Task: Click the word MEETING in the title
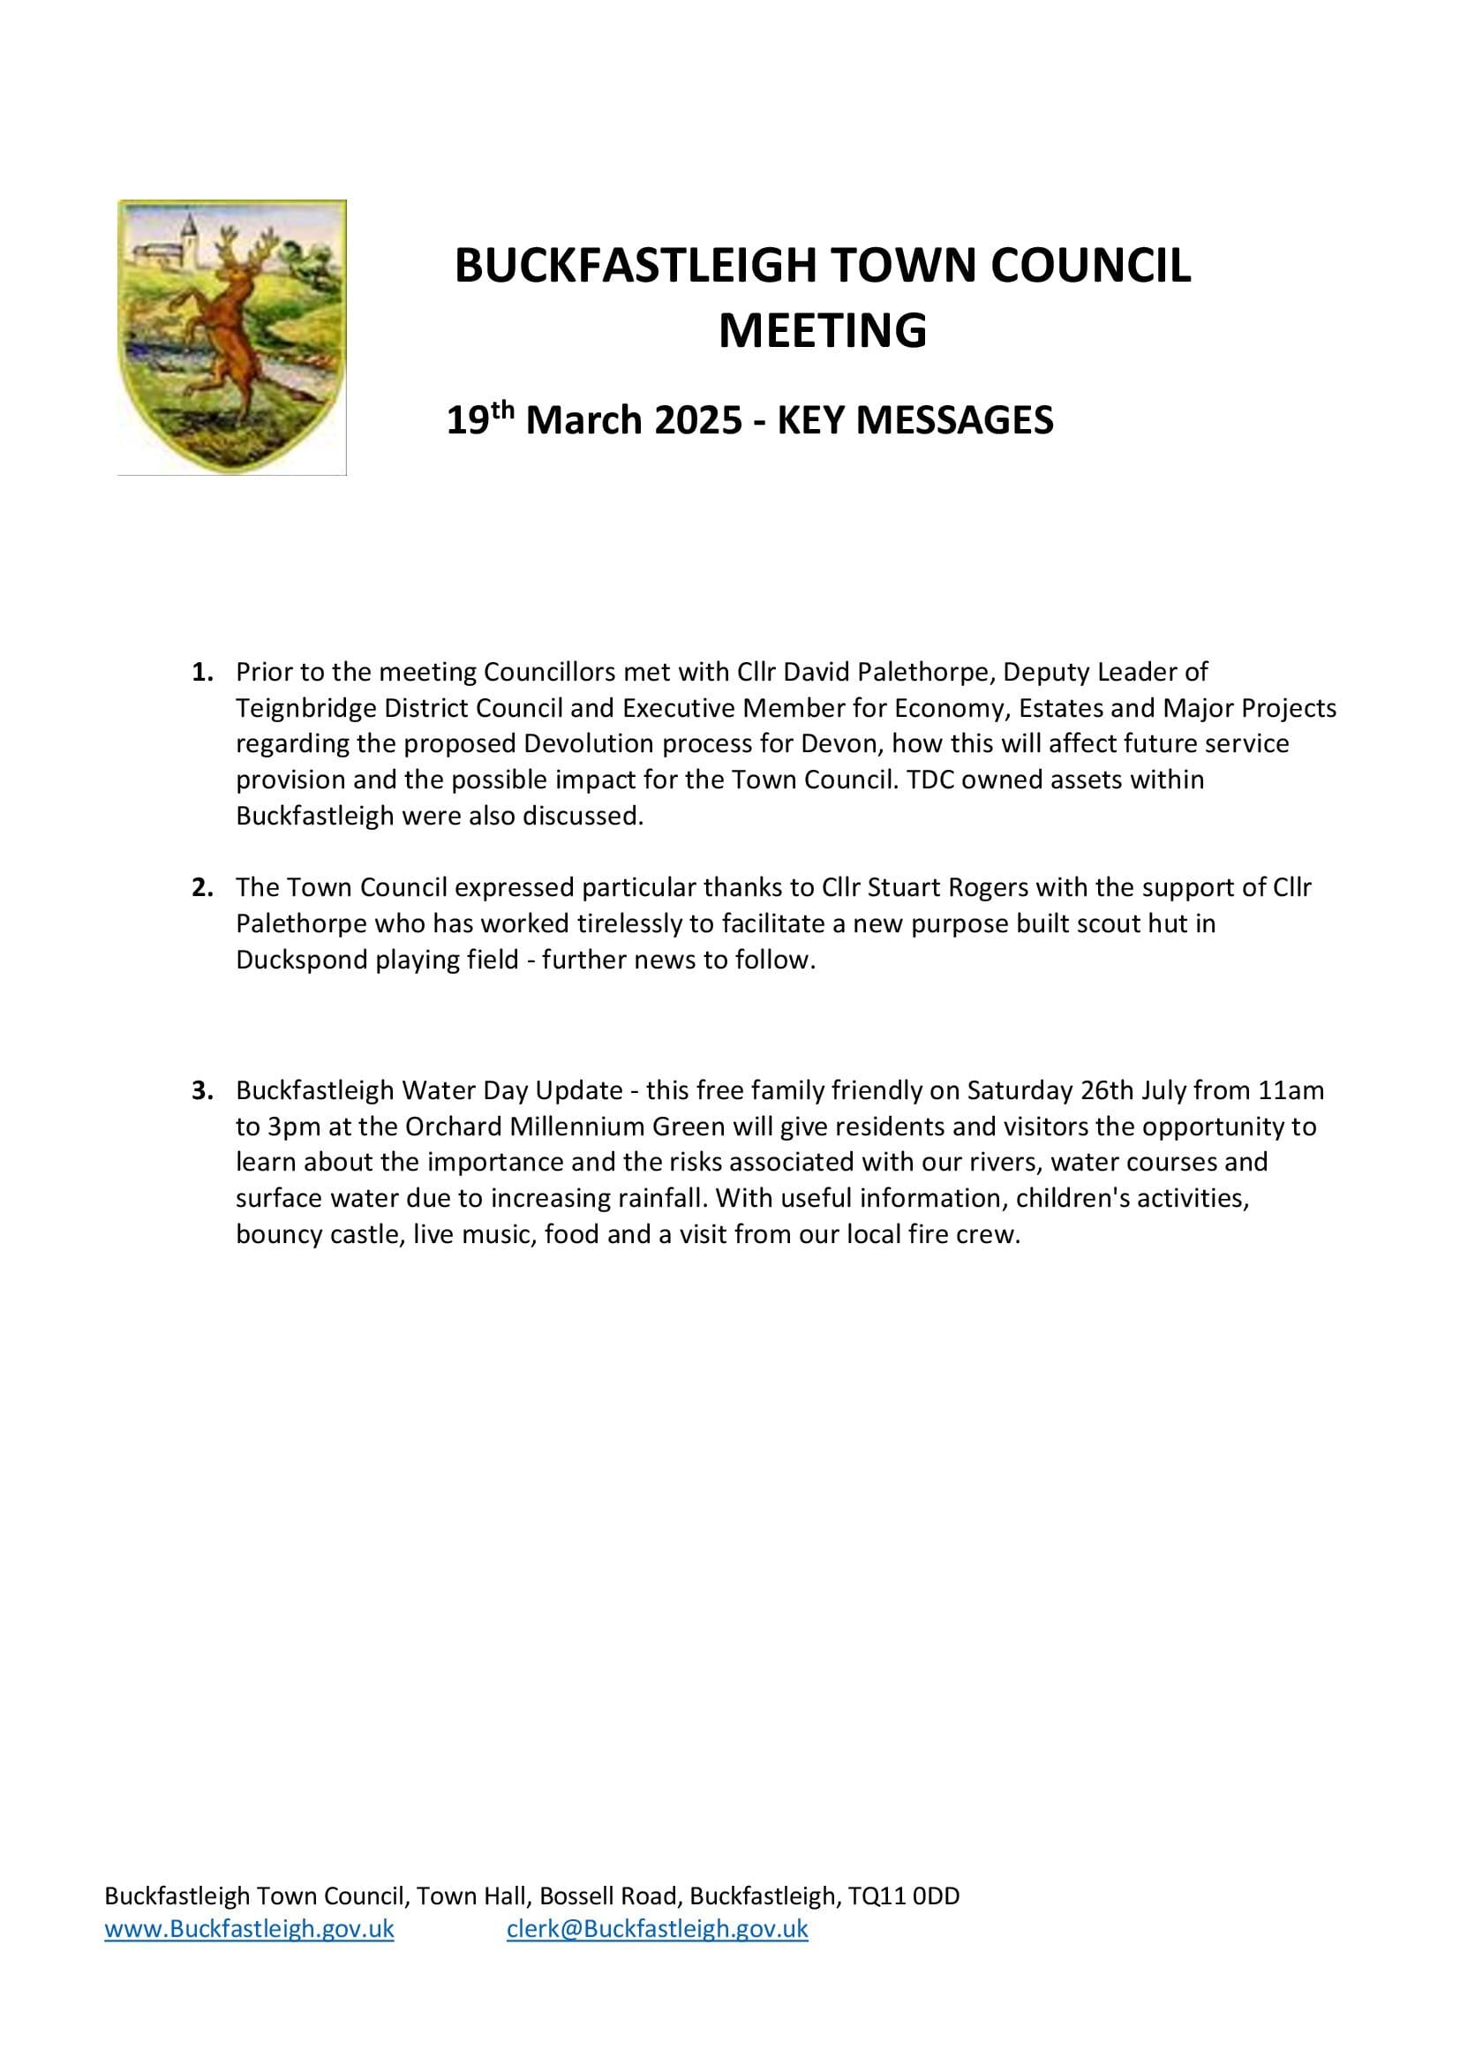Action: coord(822,330)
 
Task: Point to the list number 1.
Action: coord(202,672)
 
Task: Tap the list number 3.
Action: coord(202,1090)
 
